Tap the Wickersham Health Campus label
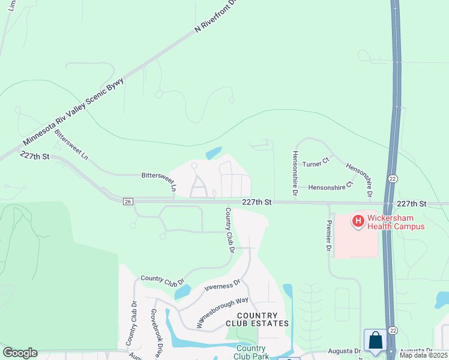tap(394, 222)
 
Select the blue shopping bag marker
tap(375, 340)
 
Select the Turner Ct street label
tap(316, 163)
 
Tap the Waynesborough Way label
tap(221, 313)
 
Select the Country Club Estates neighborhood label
tap(257, 319)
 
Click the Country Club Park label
tap(251, 352)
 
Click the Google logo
tap(20, 353)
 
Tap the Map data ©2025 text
tap(423, 355)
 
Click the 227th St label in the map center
tap(257, 203)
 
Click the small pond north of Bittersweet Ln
tap(213, 154)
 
